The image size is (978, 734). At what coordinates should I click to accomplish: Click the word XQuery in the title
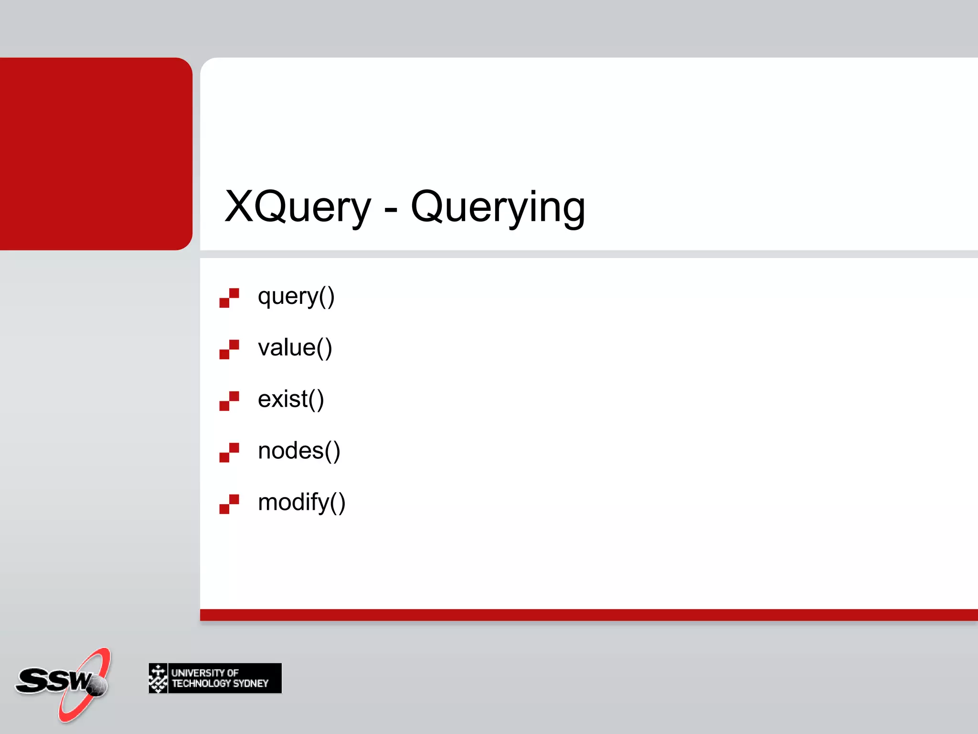298,206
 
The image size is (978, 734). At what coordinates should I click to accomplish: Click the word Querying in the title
498,207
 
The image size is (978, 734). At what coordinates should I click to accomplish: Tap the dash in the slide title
390,209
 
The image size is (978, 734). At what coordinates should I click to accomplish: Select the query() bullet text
296,297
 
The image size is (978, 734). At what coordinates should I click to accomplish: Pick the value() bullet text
295,347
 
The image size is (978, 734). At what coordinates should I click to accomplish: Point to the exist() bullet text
291,399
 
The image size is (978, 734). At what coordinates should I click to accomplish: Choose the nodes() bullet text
299,451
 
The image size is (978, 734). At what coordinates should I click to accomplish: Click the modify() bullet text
301,502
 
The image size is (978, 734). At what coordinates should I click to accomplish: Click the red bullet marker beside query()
229,298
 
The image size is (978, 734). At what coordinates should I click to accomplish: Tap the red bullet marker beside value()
229,349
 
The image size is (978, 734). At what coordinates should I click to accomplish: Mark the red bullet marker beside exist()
229,401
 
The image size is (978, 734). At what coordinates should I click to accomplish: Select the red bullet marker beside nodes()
229,453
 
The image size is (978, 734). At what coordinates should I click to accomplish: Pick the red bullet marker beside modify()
229,504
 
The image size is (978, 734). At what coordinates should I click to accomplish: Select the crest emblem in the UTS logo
158,678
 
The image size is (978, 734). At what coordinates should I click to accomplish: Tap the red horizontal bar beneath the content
587,615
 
